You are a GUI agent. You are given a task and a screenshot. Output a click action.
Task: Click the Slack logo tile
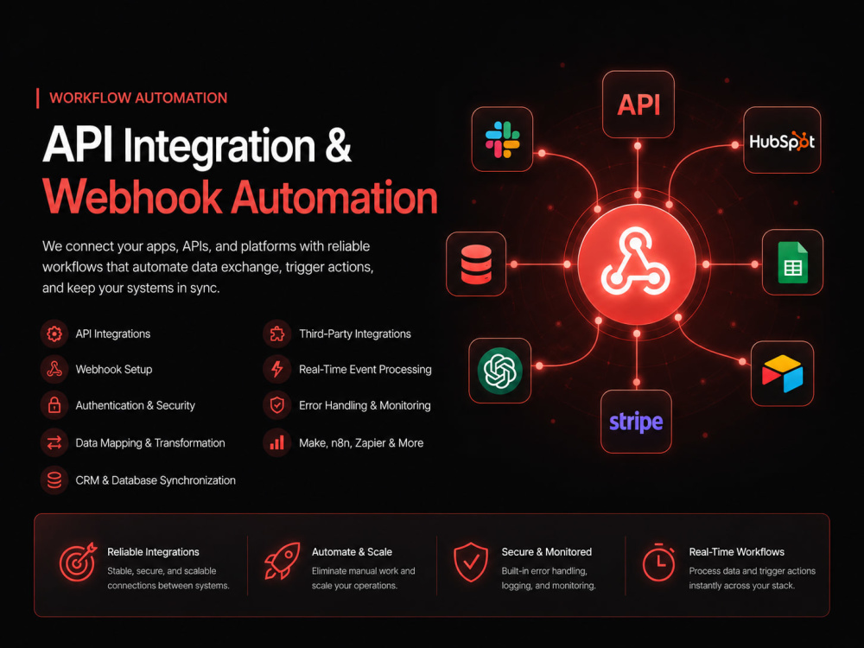click(502, 139)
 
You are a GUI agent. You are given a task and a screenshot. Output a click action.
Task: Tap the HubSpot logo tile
click(782, 140)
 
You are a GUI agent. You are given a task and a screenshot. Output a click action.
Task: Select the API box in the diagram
click(638, 105)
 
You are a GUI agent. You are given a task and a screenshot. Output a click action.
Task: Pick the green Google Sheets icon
click(792, 263)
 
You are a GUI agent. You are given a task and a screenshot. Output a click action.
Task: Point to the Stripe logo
click(636, 422)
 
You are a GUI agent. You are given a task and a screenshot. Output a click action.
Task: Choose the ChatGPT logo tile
click(499, 371)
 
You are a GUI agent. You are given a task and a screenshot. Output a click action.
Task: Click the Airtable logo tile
click(782, 373)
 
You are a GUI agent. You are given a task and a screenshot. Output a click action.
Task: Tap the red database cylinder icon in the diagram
click(476, 264)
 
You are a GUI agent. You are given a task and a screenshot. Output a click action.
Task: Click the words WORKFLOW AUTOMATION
click(138, 98)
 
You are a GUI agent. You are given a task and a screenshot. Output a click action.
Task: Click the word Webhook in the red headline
click(132, 197)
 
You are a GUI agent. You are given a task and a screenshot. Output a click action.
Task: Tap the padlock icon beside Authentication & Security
click(54, 405)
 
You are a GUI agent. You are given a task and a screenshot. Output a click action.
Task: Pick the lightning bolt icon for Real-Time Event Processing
click(277, 369)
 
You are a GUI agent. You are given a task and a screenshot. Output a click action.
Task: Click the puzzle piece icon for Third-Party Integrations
click(277, 334)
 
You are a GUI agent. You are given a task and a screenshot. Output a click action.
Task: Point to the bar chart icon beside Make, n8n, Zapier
click(277, 442)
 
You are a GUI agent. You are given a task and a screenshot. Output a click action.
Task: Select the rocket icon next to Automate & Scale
click(283, 561)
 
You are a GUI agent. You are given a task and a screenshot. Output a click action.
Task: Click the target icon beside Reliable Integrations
click(78, 562)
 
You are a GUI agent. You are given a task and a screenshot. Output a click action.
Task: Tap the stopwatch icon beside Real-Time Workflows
click(658, 562)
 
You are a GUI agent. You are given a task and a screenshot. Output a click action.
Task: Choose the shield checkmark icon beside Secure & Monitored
click(471, 562)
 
